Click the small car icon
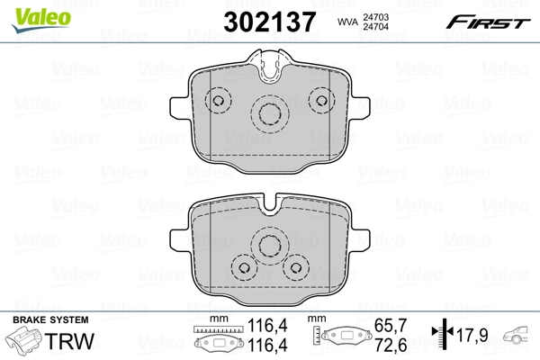[x=520, y=337]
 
